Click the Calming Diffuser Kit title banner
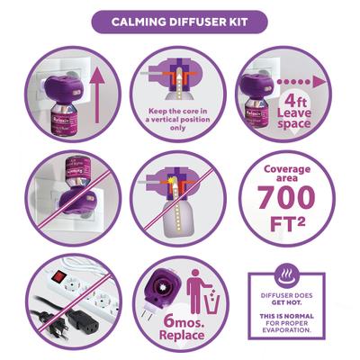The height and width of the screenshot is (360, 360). coord(180,21)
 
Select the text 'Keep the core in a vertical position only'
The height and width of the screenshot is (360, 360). coord(180,118)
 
